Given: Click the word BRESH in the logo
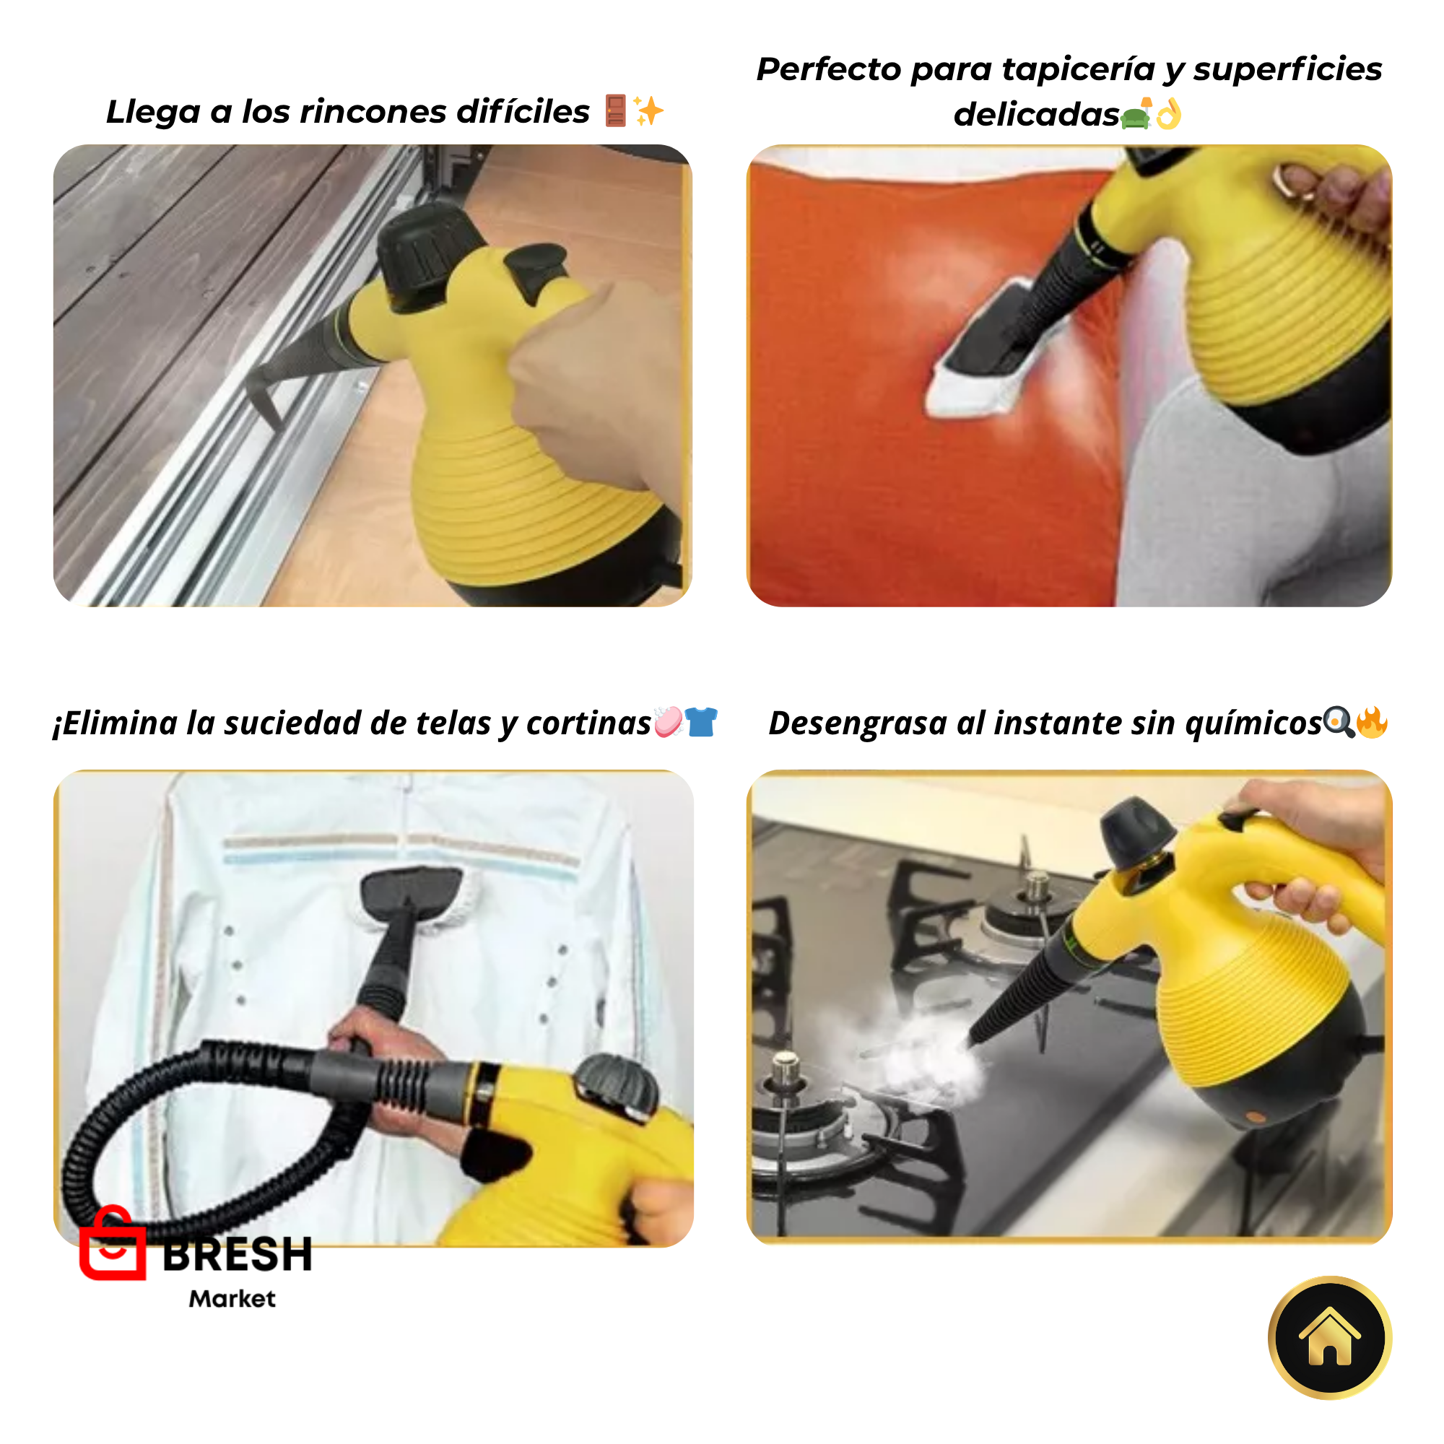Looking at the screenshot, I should [237, 1255].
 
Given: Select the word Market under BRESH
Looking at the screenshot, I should [232, 1299].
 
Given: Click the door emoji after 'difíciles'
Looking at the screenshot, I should [615, 110].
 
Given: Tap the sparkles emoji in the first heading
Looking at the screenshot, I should [648, 110].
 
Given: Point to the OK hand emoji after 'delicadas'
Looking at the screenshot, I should [1168, 114].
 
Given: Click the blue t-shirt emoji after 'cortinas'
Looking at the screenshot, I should [700, 722].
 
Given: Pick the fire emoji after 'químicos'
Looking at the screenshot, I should [1372, 722].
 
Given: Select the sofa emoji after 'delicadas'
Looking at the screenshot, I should [1136, 116].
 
